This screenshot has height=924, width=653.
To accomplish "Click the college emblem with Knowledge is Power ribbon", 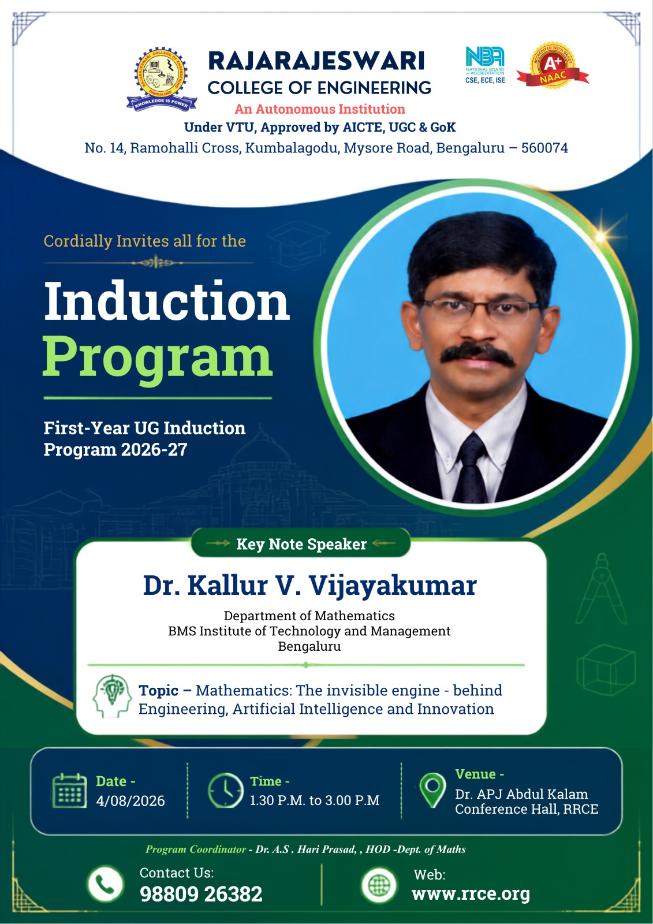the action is [x=161, y=79].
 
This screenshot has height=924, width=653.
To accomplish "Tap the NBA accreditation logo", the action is [x=484, y=65].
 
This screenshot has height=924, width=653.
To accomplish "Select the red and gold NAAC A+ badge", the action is [x=553, y=65].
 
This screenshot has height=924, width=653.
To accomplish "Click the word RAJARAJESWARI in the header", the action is [x=316, y=61].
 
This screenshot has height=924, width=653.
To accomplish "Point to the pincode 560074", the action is [x=544, y=148].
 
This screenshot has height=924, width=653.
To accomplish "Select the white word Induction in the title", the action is [x=167, y=300].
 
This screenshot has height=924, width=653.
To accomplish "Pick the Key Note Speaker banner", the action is [x=301, y=543].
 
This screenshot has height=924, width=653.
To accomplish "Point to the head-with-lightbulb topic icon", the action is [x=112, y=696].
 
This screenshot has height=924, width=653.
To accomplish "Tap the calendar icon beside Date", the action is [x=70, y=791].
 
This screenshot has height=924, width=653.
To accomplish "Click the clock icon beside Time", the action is [x=225, y=791].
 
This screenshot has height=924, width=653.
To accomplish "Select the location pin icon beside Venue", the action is [x=432, y=789].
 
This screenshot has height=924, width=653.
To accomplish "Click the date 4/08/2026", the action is [x=130, y=800].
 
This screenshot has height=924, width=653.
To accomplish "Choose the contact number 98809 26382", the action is [x=201, y=894].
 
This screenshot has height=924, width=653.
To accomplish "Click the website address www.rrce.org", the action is [x=471, y=893].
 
